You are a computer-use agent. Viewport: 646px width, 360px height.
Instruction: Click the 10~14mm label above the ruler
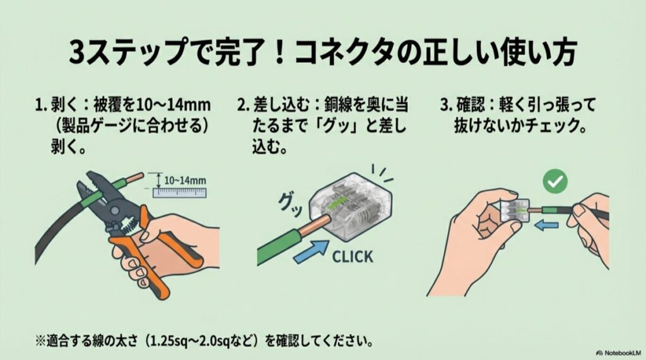(185, 180)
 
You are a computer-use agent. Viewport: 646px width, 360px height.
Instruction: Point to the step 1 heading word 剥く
(65, 104)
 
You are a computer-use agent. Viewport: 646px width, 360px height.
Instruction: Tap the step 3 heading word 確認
(469, 104)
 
